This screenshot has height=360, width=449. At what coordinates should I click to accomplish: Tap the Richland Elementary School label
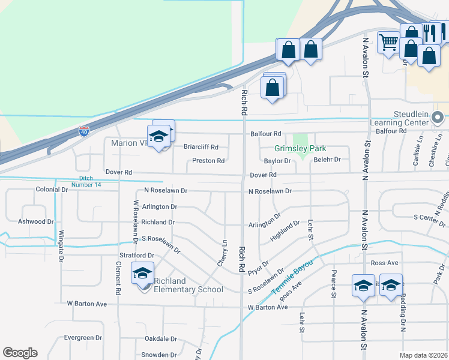[188, 285]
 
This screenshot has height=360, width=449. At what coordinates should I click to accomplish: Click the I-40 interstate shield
[84, 130]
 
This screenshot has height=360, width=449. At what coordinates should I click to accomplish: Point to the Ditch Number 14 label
[90, 181]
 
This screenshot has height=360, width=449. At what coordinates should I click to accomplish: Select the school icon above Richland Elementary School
[143, 274]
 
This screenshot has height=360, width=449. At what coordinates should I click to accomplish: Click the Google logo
[20, 353]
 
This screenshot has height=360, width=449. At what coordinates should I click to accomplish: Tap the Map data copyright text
[423, 355]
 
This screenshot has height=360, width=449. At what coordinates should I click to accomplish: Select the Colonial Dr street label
[52, 190]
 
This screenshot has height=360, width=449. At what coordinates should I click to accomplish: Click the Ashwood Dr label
[36, 221]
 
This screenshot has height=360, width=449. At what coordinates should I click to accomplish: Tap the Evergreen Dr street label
[83, 338]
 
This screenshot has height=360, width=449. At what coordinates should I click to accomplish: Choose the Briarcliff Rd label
[201, 147]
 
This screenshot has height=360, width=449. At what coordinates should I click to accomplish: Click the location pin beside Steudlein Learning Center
[438, 118]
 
